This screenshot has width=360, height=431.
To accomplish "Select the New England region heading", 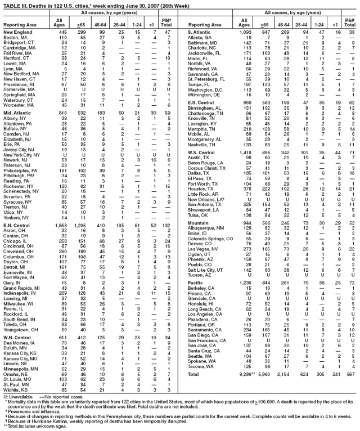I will tap(19, 32).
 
